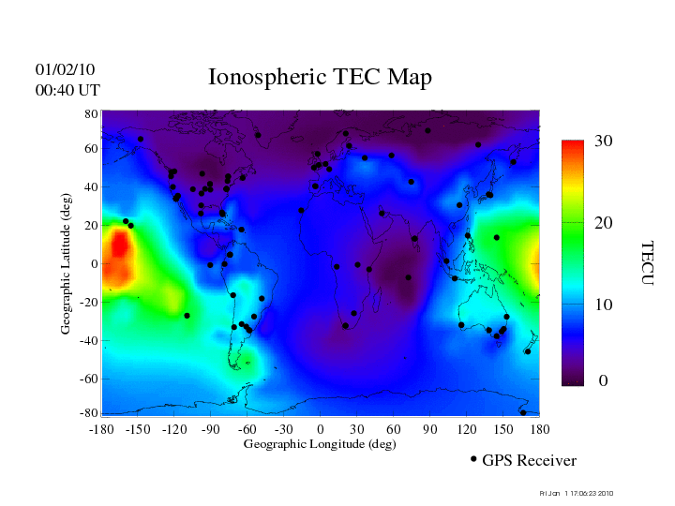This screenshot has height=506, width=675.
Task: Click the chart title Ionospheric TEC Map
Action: [x=320, y=77]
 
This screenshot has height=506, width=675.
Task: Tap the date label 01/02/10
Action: [x=66, y=70]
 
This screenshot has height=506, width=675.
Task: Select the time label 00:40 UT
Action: [x=67, y=91]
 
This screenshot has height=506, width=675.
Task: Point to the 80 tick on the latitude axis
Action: [x=92, y=113]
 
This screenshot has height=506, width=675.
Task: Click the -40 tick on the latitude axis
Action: [x=89, y=341]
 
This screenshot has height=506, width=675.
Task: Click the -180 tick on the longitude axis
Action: [x=101, y=429]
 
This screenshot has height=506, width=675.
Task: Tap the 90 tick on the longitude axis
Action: [x=430, y=429]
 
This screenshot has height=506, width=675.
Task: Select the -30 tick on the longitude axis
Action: [x=282, y=429]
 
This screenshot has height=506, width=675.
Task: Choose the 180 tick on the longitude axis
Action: [x=540, y=429]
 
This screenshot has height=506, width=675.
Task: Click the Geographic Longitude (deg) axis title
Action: [x=320, y=444]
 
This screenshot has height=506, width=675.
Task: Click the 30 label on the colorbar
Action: [x=603, y=141]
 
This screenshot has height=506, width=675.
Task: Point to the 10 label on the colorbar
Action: [x=603, y=305]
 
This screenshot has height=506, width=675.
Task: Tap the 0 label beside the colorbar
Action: [x=603, y=382]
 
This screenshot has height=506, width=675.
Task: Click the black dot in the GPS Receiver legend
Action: [x=473, y=459]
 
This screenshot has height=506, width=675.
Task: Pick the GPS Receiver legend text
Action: [x=529, y=461]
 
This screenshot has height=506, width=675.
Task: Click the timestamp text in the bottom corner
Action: [x=577, y=493]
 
